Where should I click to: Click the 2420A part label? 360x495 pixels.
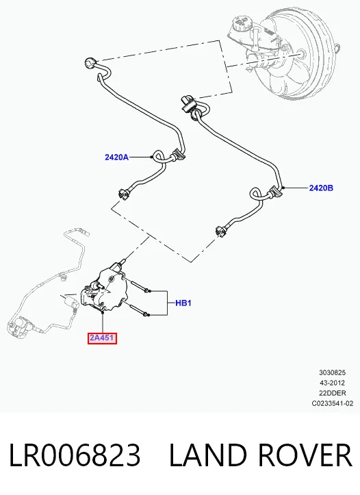point(116,157)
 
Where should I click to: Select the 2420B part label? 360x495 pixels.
point(321,188)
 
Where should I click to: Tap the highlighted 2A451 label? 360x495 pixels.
point(102,338)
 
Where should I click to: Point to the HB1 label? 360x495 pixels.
point(183,303)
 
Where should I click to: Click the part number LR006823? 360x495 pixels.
point(75,455)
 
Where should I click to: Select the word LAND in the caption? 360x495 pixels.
point(208,455)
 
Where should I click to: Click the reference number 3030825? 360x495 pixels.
point(332,372)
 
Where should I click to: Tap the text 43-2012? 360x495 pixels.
point(332,383)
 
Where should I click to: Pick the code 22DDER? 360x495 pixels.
point(333,393)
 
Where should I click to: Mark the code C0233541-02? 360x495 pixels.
point(333,403)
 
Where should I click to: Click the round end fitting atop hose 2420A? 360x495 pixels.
point(90,62)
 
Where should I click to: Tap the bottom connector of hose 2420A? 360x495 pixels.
point(123,194)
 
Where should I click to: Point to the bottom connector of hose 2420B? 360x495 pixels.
point(221,231)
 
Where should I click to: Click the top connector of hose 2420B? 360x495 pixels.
point(188,103)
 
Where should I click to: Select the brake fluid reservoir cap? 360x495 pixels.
point(242,21)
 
